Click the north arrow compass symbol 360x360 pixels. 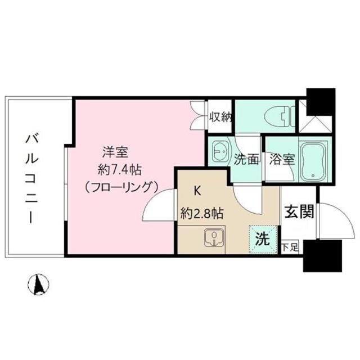(39, 284)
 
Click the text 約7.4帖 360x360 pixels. (120, 168)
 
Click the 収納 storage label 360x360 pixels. (220, 117)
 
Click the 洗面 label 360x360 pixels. (246, 159)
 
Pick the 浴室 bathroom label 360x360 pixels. (281, 159)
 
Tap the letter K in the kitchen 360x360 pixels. (197, 191)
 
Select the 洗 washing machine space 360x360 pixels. (262, 237)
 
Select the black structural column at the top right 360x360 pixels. (319, 99)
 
